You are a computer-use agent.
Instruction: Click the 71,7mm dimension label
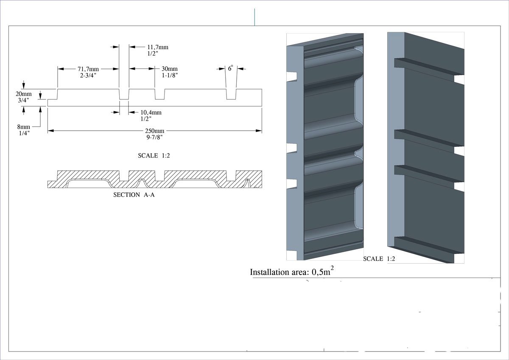(88, 69)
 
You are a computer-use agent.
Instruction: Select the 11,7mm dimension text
(158, 47)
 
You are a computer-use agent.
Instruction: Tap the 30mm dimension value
(170, 69)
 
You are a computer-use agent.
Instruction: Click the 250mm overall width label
(154, 131)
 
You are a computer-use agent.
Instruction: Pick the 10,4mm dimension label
(151, 112)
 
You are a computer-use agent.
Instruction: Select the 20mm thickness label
(24, 94)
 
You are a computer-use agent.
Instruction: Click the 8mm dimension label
(24, 127)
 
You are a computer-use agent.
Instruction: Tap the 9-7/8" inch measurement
(154, 137)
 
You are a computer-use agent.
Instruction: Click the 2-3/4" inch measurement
(88, 75)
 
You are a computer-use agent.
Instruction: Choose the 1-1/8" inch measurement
(170, 75)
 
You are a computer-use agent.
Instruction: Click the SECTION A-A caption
(132, 195)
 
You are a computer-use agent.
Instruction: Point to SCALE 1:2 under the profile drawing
(154, 156)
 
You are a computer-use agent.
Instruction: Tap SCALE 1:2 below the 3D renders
(379, 259)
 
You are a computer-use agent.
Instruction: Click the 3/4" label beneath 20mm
(24, 100)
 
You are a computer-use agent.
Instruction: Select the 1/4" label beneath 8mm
(24, 133)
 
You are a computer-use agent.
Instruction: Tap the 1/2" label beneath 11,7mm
(153, 53)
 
